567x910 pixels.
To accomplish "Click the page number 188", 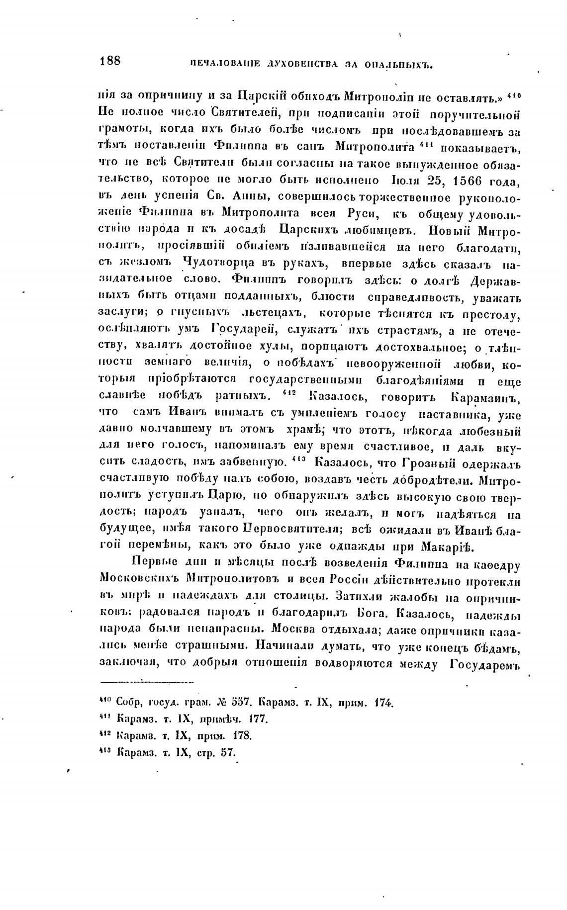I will click(110, 61).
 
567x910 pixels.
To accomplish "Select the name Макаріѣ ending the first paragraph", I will click(449, 547).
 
